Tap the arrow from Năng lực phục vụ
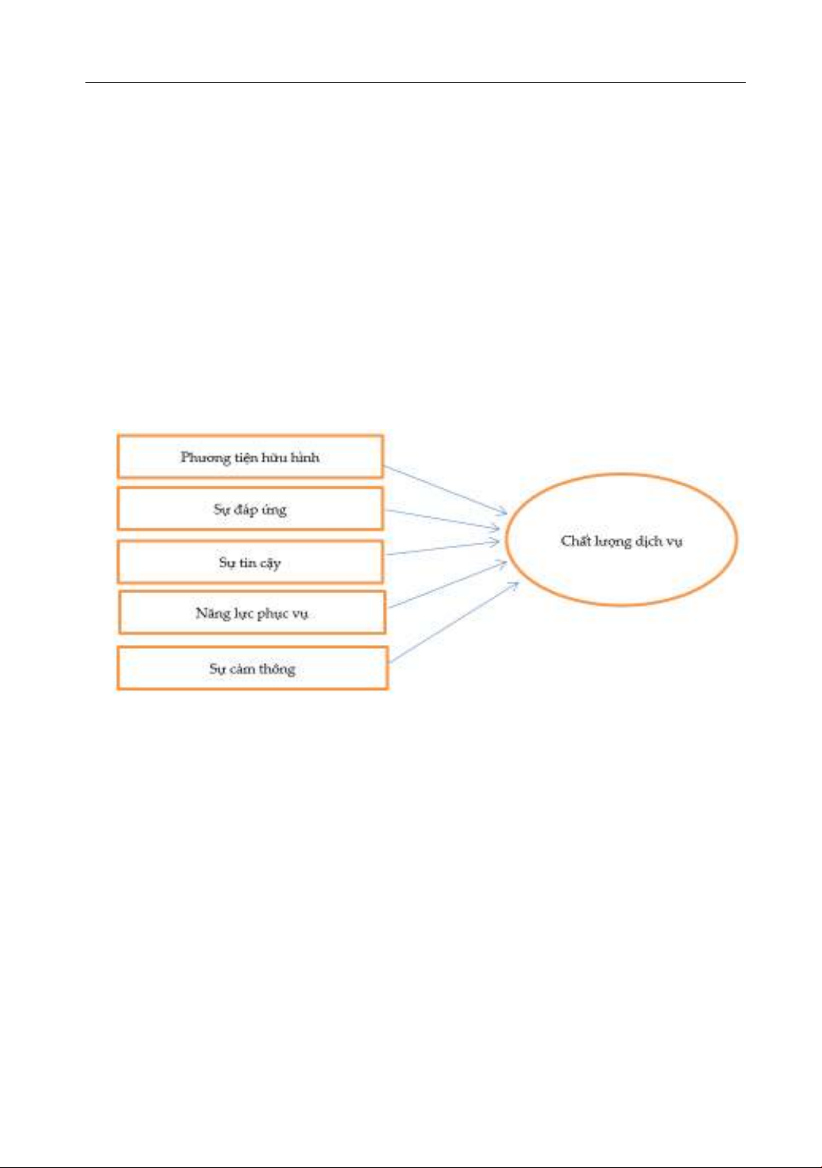[448, 585]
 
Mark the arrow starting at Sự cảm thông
[454, 623]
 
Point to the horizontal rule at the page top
[416, 82]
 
